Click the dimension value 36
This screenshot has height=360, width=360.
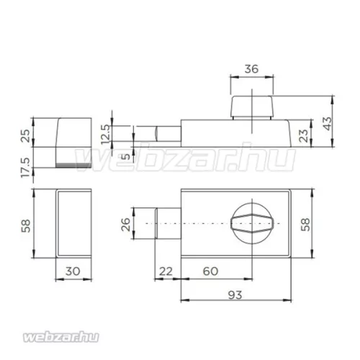pos(251,69)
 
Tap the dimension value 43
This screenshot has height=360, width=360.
pos(328,123)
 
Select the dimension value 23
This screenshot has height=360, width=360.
pos(304,135)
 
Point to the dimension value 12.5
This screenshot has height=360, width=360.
pos(105,134)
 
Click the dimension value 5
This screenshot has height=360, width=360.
pos(126,156)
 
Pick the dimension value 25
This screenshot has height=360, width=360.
pos(25,136)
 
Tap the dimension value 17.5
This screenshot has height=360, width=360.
pos(25,168)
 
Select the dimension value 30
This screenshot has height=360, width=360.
pos(73,271)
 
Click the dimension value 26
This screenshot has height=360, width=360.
pos(126,225)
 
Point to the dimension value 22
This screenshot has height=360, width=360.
pos(166,271)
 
